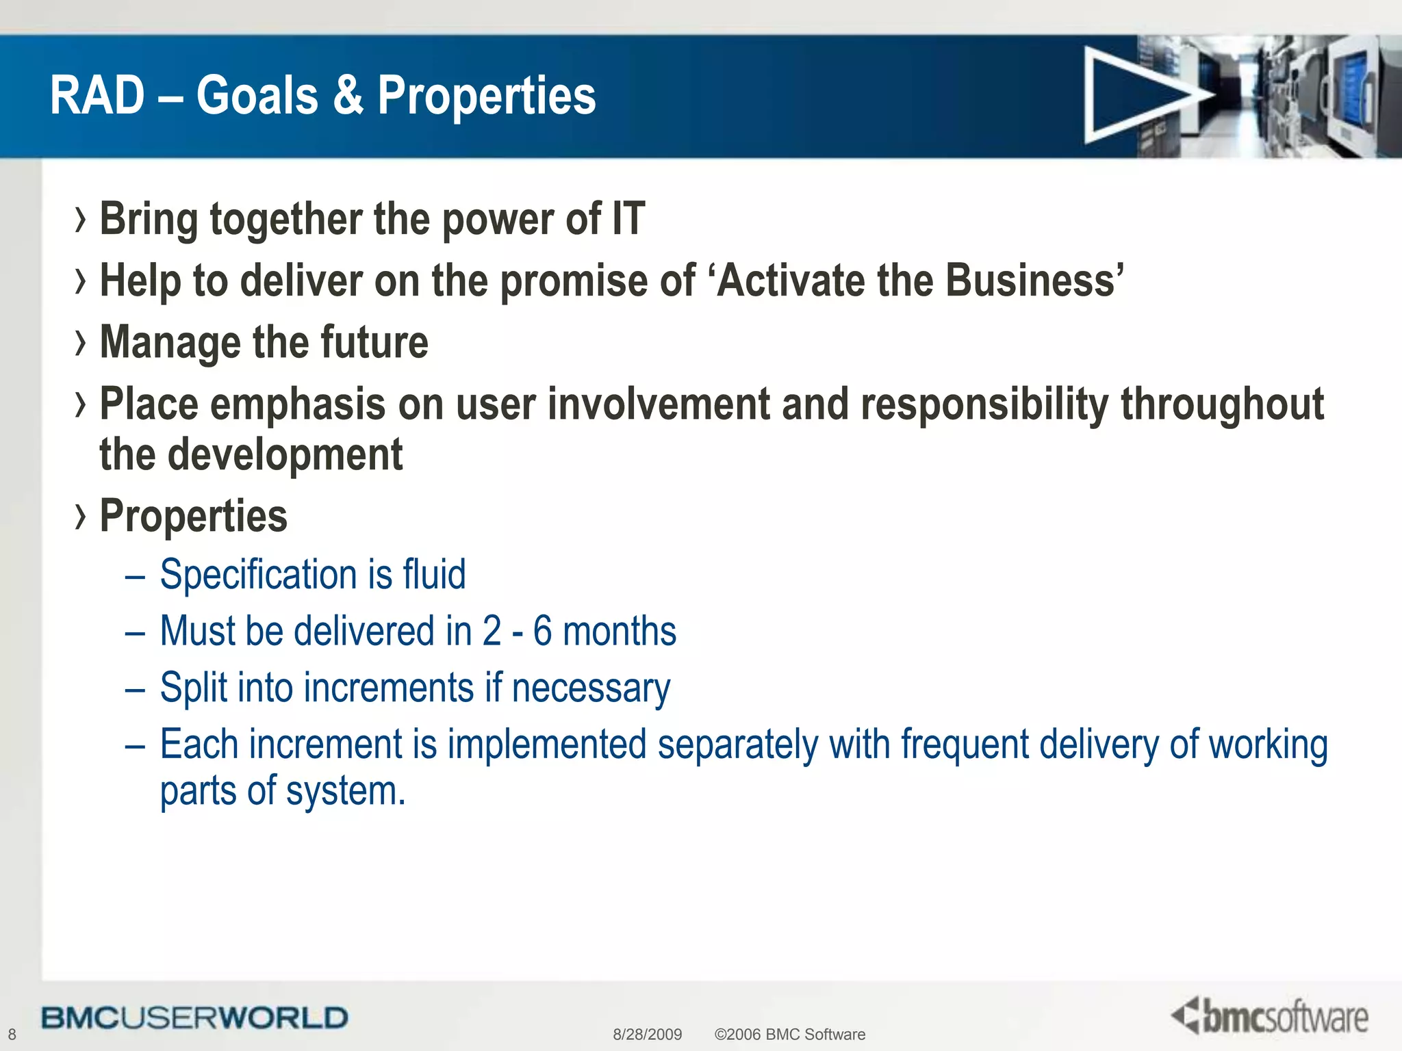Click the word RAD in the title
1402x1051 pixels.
click(x=97, y=96)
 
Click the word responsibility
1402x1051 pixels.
click(x=984, y=404)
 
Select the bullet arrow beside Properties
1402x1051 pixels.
click(x=81, y=517)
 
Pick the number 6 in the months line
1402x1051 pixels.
click(x=542, y=630)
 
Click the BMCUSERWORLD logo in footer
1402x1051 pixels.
click(x=194, y=1017)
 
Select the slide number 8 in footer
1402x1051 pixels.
click(x=12, y=1035)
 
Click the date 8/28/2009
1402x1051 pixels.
click(x=647, y=1035)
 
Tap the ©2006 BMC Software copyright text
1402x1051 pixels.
click(x=789, y=1035)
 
